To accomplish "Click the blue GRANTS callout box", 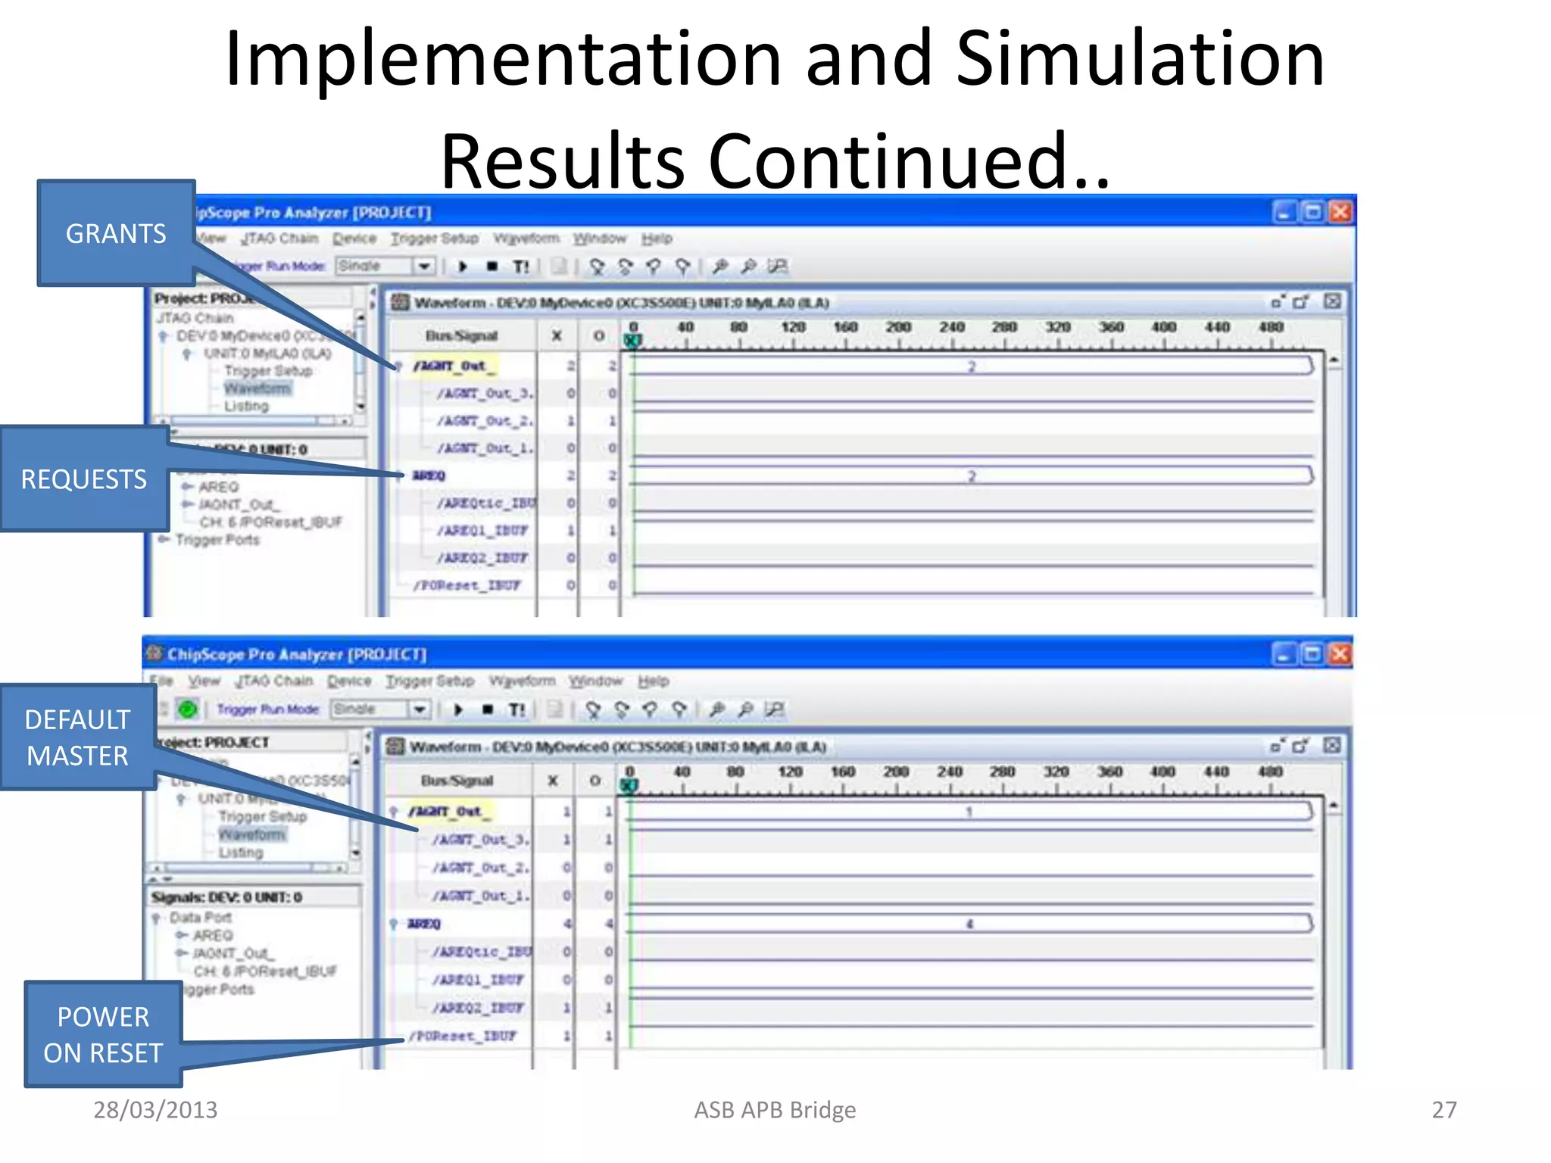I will tap(116, 233).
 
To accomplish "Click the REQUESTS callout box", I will tap(84, 479).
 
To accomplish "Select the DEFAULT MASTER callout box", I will tap(78, 737).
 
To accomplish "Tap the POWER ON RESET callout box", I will tap(103, 1034).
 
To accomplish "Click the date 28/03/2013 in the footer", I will tap(155, 1109).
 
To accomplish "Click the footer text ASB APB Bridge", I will tap(775, 1109).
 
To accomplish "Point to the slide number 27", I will tap(1443, 1109).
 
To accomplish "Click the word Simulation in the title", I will tap(1140, 59).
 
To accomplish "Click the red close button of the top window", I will tap(1340, 212).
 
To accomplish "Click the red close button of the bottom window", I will tap(1340, 653).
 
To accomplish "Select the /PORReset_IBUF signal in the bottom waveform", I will tap(463, 1035).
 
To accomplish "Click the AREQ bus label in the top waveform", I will tap(429, 475).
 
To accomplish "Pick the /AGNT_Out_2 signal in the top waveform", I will tap(485, 420).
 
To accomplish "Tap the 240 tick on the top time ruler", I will tap(952, 327).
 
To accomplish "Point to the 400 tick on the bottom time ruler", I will tap(1162, 772).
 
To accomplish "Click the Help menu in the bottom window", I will tap(653, 681).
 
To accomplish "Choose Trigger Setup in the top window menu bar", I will tap(435, 239).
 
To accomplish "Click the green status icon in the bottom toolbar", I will tap(188, 709).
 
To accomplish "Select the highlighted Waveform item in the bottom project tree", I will tap(252, 834).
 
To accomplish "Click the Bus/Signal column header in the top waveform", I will tap(461, 335).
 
